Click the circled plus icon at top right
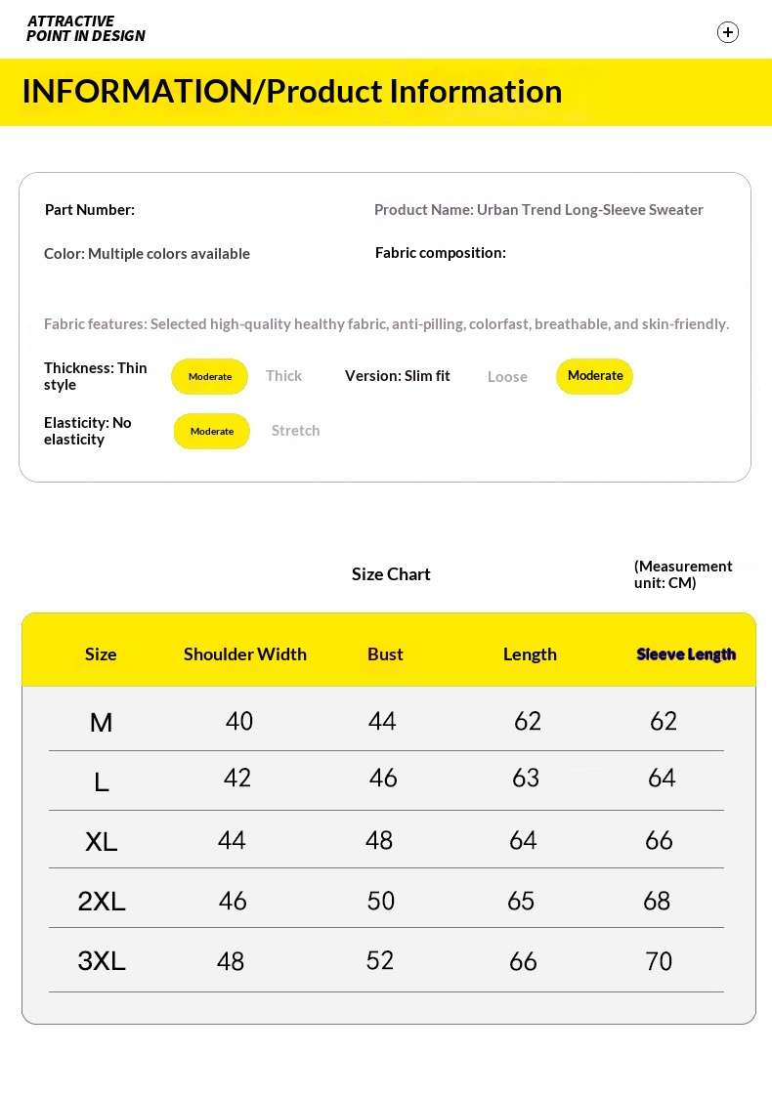(x=728, y=32)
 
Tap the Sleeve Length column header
(x=686, y=654)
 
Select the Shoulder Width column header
(x=245, y=654)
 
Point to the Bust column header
(x=385, y=654)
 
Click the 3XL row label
(x=102, y=961)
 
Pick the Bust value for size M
(x=382, y=721)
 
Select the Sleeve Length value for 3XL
(x=659, y=961)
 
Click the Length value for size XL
(x=523, y=840)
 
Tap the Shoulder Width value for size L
(x=237, y=778)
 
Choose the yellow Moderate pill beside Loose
(x=594, y=376)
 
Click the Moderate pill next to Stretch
(x=212, y=431)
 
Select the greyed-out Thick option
(x=283, y=376)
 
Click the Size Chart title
(x=391, y=574)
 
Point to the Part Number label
(x=90, y=210)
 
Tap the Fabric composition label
(x=441, y=253)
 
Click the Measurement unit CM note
(x=682, y=574)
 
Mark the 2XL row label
(x=102, y=901)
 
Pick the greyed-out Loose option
(x=507, y=377)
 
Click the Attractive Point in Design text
(x=86, y=28)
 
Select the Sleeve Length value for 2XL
(x=657, y=901)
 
